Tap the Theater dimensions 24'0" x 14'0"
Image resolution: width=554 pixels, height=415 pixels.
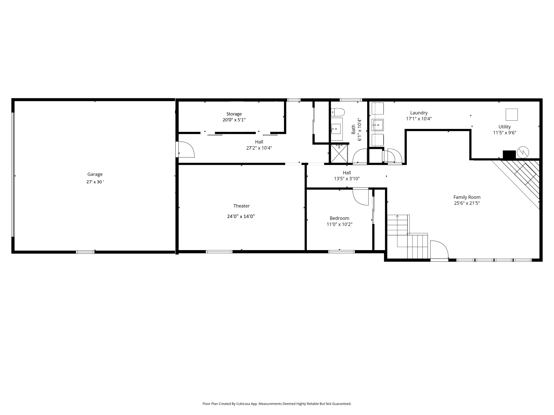tap(241, 216)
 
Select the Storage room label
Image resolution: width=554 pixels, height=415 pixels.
tap(234, 114)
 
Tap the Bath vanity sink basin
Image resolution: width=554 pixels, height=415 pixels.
tap(336, 129)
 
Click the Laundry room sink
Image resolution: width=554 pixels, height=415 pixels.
tap(378, 125)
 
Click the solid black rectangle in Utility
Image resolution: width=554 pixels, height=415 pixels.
tap(509, 154)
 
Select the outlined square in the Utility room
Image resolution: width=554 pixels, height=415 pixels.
tap(511, 115)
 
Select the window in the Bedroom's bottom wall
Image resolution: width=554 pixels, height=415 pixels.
tap(341, 252)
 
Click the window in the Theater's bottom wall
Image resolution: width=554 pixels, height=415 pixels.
tap(219, 252)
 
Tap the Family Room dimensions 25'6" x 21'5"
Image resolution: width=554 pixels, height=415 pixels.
tap(467, 203)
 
